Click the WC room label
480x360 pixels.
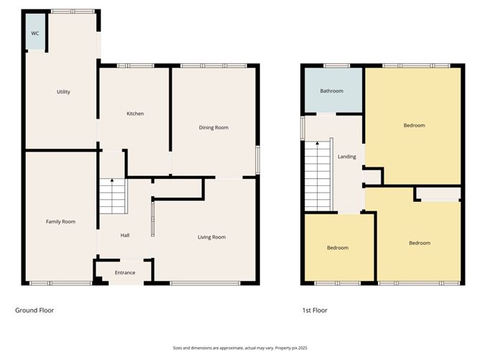[x=34, y=34]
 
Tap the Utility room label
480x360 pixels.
[x=63, y=92]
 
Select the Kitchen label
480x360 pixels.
[x=135, y=114]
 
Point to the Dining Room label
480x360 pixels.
[x=213, y=127]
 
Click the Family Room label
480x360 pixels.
[x=60, y=221]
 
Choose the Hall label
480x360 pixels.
[x=124, y=235]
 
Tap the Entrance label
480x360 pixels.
[x=125, y=272]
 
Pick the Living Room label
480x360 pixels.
[x=212, y=236]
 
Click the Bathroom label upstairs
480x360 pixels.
[x=331, y=91]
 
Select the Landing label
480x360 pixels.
[x=346, y=157]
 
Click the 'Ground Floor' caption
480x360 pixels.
[x=34, y=310]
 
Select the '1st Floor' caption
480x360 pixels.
[x=315, y=310]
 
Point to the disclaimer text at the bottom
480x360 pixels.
[x=239, y=347]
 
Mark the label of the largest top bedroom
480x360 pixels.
[x=414, y=126]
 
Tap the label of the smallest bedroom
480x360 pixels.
[x=338, y=248]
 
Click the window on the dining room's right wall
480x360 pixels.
[x=258, y=160]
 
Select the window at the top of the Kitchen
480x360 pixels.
[x=135, y=66]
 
